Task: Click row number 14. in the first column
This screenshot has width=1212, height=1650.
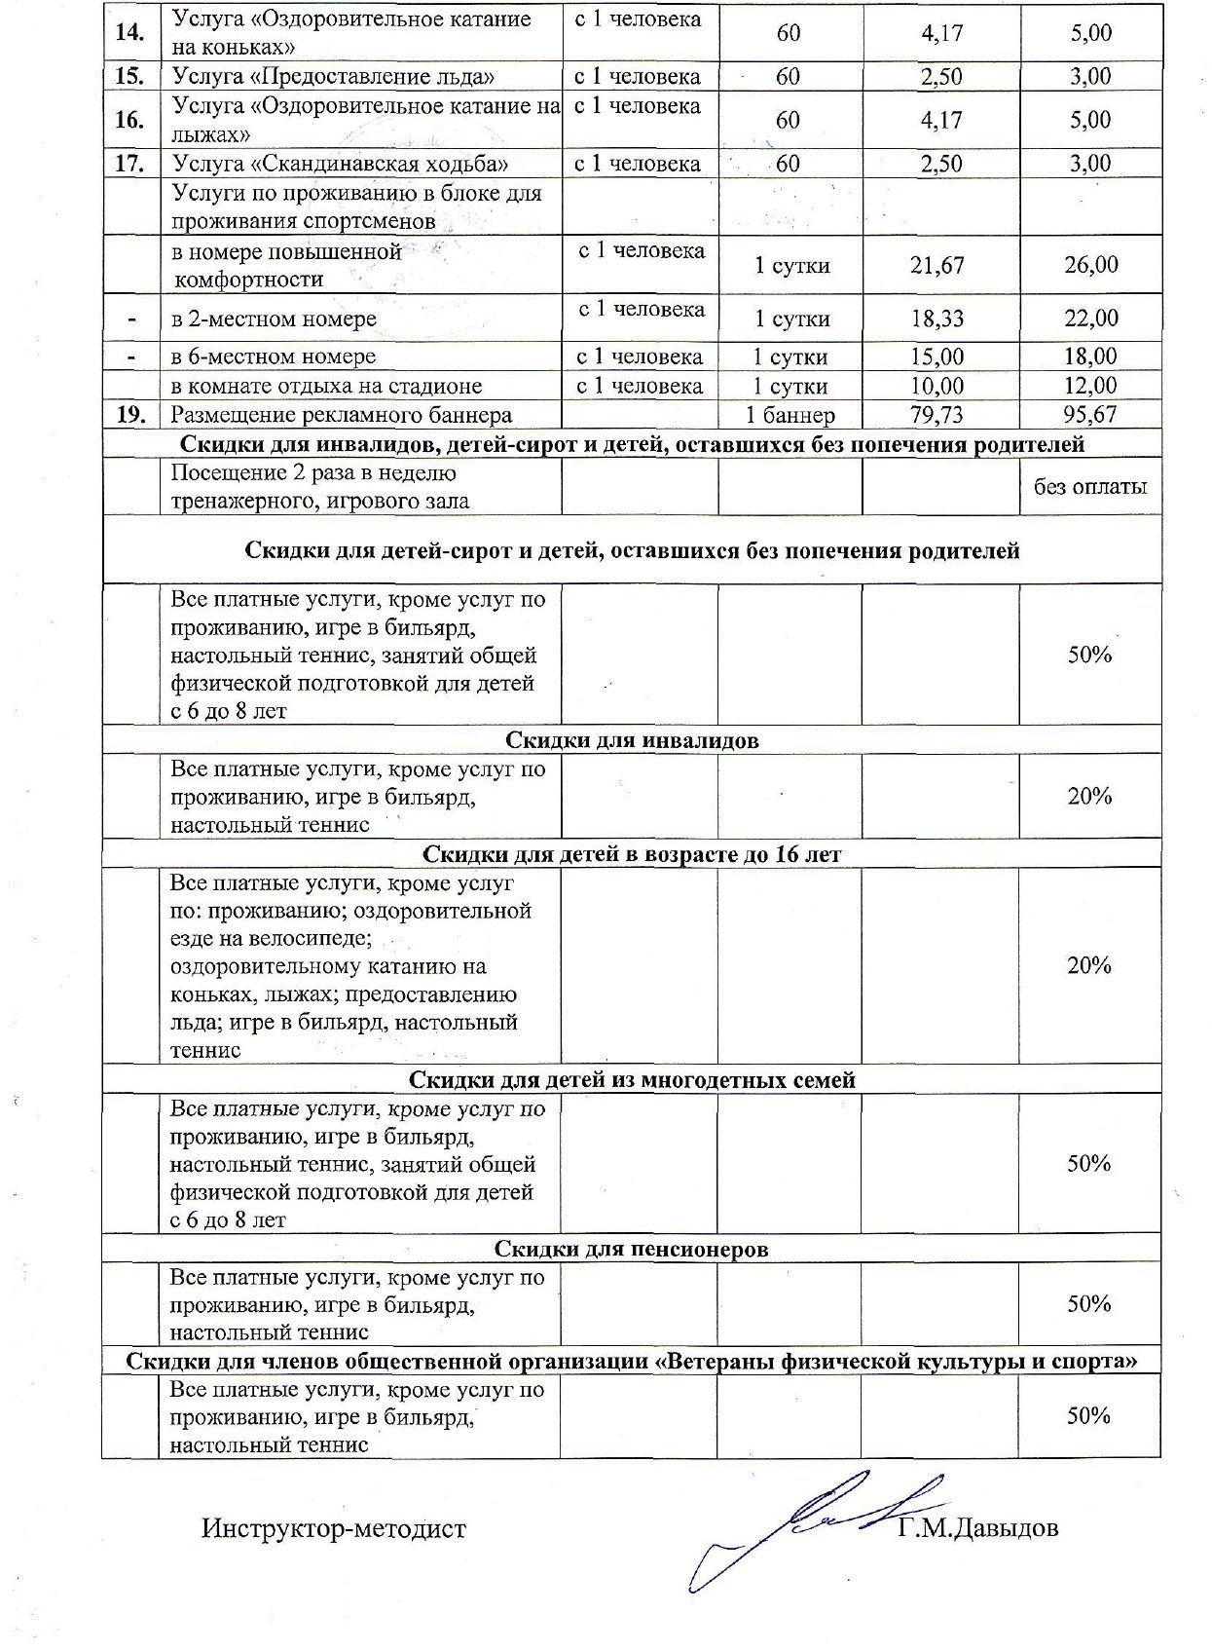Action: point(130,32)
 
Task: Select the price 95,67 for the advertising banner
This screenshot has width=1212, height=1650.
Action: point(1090,415)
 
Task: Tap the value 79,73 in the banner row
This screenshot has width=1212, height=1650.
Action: point(937,415)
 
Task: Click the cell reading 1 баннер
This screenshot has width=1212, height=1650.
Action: point(790,415)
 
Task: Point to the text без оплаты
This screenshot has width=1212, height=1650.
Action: point(1090,486)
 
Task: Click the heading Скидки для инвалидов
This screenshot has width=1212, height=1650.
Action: point(632,740)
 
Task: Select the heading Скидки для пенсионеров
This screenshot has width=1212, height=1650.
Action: point(632,1249)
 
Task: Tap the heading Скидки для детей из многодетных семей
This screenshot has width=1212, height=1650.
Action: point(632,1079)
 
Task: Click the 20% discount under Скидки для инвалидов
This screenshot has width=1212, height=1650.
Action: point(1089,796)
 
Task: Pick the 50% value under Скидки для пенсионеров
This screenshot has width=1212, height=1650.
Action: point(1089,1304)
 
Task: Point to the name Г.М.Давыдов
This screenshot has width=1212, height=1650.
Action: point(977,1528)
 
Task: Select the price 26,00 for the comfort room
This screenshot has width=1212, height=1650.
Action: point(1090,265)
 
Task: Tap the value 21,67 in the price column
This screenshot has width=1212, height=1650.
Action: point(937,265)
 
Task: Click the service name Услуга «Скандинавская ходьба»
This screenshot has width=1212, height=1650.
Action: point(340,164)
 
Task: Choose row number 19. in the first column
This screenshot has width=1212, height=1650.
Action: point(130,415)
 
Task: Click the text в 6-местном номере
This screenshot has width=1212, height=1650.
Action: point(274,356)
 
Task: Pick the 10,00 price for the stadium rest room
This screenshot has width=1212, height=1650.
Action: point(937,386)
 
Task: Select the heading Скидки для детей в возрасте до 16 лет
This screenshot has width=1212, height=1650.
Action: point(632,854)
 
